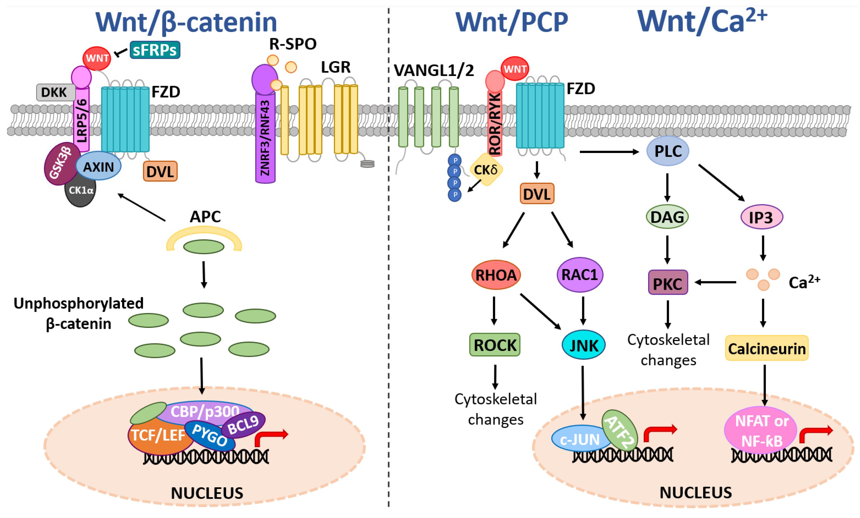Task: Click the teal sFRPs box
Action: (x=155, y=50)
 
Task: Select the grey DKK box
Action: (x=55, y=92)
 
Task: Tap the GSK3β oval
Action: (x=60, y=163)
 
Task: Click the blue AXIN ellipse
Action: (x=99, y=167)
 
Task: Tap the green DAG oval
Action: (x=667, y=217)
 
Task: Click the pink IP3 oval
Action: (x=762, y=217)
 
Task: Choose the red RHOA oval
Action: (x=496, y=275)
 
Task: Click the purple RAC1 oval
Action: (x=579, y=274)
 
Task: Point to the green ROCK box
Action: (x=495, y=345)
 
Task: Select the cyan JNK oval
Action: (x=583, y=345)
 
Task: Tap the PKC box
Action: (x=668, y=283)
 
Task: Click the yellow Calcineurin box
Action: (x=767, y=348)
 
